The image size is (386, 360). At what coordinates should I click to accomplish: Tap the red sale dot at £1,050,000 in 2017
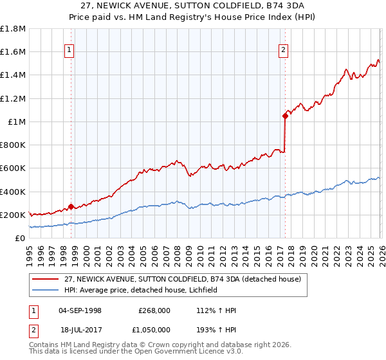284,116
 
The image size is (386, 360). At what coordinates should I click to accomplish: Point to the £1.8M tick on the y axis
14,29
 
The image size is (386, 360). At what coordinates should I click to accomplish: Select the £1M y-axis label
17,122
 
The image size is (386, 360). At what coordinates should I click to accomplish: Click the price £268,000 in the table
154,310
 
